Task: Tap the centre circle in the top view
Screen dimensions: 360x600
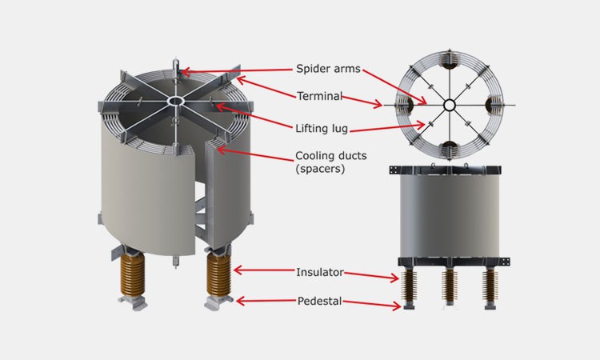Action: click(450, 104)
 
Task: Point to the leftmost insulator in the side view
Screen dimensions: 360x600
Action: click(410, 286)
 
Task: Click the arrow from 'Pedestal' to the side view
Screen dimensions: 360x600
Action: click(372, 304)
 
